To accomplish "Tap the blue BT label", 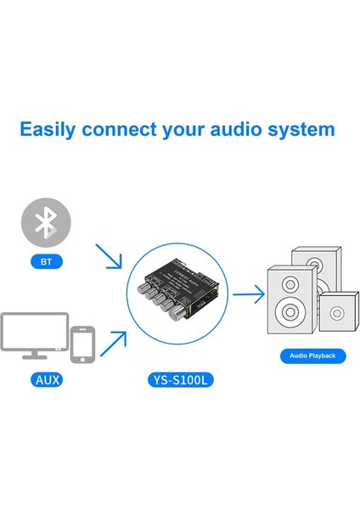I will (46, 263).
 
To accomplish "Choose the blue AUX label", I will (46, 381).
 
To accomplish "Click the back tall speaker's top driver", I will (314, 258).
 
